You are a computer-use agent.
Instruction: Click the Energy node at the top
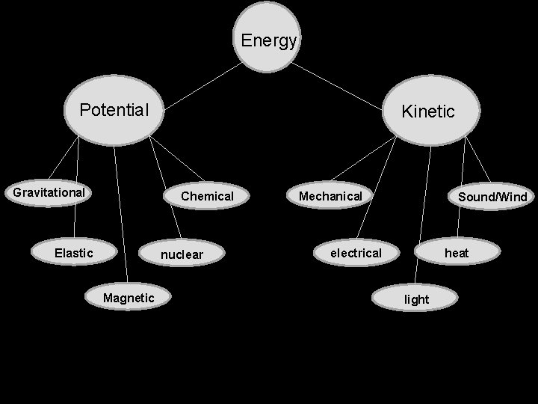[x=268, y=40]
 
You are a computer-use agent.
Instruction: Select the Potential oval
[x=114, y=111]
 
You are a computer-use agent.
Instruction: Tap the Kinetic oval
[x=427, y=111]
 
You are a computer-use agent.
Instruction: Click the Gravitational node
[x=49, y=193]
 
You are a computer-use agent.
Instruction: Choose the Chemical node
[x=207, y=196]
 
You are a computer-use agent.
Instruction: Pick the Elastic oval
[x=74, y=253]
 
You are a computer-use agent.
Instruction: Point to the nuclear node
[x=182, y=254]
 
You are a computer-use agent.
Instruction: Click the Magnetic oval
[x=129, y=298]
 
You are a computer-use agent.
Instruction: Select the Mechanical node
[x=330, y=196]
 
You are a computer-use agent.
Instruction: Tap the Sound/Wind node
[x=492, y=197]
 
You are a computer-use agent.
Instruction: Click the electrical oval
[x=356, y=253]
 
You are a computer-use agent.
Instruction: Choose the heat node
[x=456, y=253]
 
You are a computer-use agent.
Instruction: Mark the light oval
[x=416, y=299]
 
